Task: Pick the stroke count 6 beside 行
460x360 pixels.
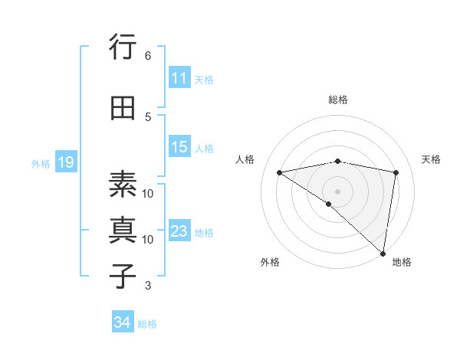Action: tap(148, 55)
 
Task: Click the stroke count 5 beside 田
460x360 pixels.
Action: tap(148, 116)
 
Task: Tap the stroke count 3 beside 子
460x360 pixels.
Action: tap(148, 286)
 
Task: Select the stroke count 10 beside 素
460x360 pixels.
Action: tap(148, 193)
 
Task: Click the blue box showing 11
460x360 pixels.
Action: tap(179, 78)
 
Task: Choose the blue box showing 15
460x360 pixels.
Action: tap(179, 147)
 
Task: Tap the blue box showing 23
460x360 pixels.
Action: tap(179, 231)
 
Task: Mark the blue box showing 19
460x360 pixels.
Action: tap(65, 162)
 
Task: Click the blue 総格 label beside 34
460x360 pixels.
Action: tap(147, 324)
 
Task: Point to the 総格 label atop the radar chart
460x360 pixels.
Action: tap(338, 100)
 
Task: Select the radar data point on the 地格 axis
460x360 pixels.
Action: tap(383, 253)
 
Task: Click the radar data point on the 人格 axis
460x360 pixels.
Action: tap(280, 172)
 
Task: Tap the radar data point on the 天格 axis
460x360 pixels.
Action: tap(396, 172)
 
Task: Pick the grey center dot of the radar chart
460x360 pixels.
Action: tap(338, 191)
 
